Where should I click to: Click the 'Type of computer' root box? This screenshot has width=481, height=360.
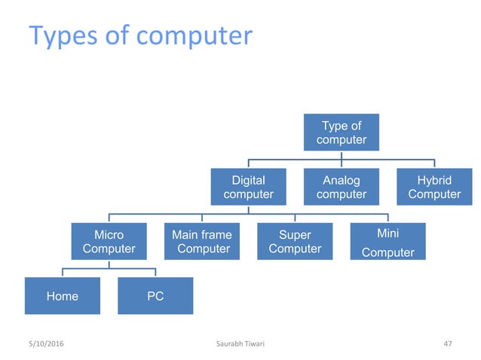pyautogui.click(x=342, y=132)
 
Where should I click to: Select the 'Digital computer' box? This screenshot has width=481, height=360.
pyautogui.click(x=248, y=187)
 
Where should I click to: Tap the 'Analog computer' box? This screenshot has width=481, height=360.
pyautogui.click(x=342, y=187)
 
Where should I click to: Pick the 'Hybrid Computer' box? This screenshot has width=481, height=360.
pyautogui.click(x=434, y=187)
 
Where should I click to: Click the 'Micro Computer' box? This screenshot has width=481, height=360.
pyautogui.click(x=109, y=241)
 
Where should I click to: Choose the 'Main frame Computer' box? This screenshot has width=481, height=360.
pyautogui.click(x=202, y=241)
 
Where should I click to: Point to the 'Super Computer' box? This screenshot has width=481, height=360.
pyautogui.click(x=295, y=241)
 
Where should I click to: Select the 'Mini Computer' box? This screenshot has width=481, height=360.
pyautogui.click(x=388, y=241)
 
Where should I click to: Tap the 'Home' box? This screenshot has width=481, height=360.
pyautogui.click(x=63, y=296)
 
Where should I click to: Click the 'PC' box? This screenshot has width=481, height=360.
pyautogui.click(x=155, y=296)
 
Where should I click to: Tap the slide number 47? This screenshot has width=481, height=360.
pyautogui.click(x=447, y=344)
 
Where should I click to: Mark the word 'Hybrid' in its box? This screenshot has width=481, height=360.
pyautogui.click(x=434, y=181)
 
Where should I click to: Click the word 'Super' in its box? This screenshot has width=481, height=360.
pyautogui.click(x=295, y=235)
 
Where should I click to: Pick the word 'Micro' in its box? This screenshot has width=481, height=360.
pyautogui.click(x=109, y=235)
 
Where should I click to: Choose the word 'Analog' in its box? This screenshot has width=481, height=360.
pyautogui.click(x=342, y=181)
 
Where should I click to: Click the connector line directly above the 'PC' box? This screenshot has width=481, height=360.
pyautogui.click(x=155, y=273)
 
